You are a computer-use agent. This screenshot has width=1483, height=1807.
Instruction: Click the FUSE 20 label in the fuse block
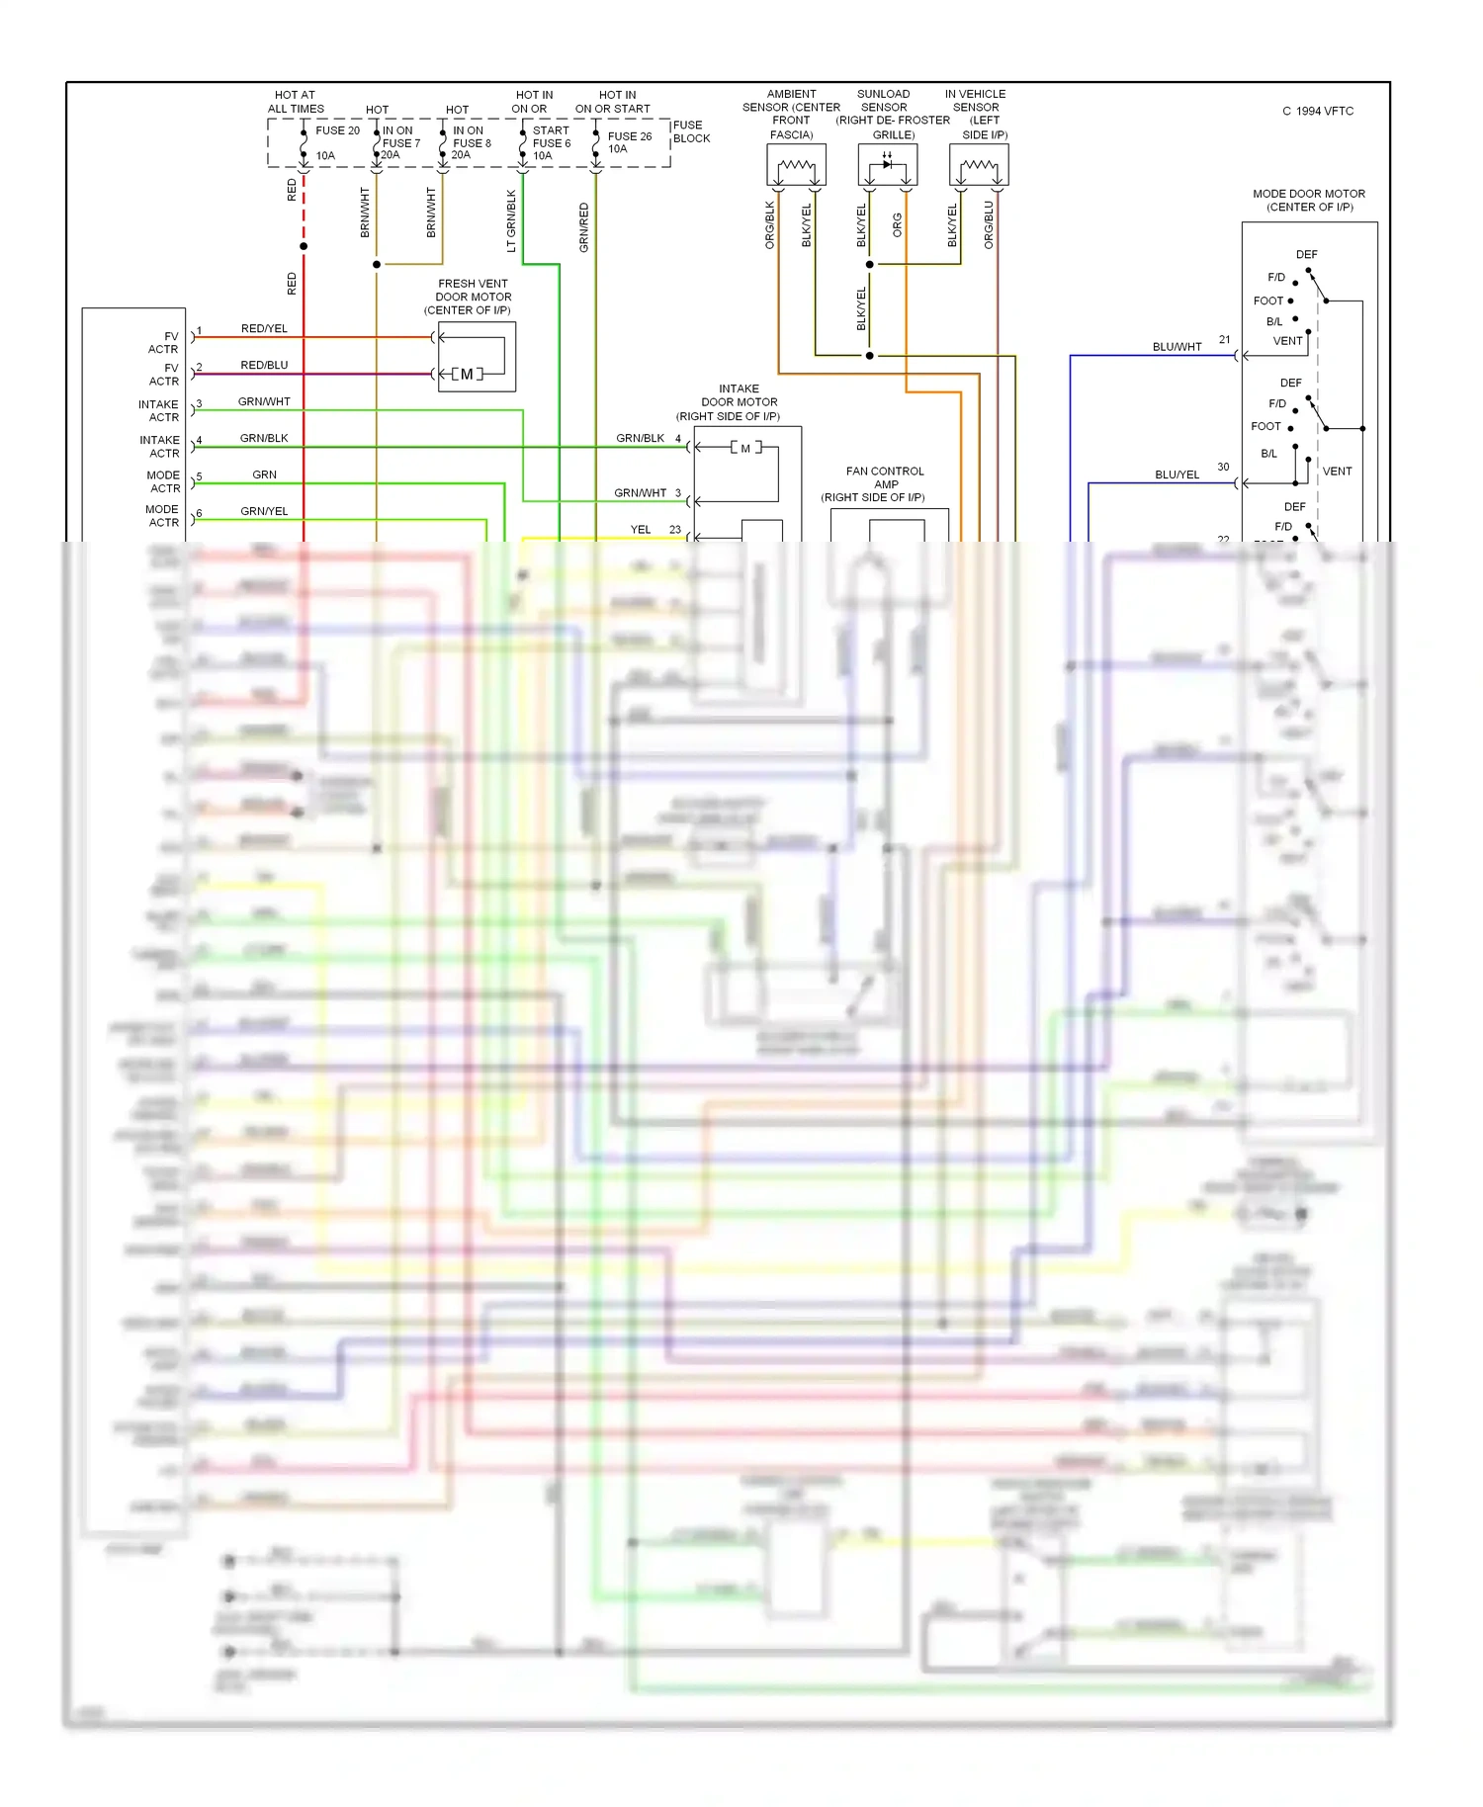click(337, 130)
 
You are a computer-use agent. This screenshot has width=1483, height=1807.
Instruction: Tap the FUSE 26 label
click(629, 136)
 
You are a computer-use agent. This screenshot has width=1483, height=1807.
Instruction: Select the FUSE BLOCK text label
click(691, 131)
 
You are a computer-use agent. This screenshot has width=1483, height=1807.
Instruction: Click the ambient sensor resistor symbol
click(796, 166)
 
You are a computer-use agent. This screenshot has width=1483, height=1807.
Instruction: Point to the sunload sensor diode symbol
click(887, 164)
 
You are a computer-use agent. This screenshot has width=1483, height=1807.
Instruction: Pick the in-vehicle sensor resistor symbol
click(979, 166)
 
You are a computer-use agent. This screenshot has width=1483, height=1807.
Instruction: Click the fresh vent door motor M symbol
click(467, 374)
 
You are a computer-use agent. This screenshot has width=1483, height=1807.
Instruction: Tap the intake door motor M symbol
click(745, 448)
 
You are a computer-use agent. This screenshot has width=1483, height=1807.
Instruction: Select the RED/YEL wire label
click(264, 328)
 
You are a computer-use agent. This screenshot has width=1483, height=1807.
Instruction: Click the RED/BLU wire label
click(264, 365)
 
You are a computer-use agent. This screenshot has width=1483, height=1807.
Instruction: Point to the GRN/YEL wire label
click(264, 511)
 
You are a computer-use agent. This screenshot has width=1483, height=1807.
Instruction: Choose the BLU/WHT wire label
click(1177, 347)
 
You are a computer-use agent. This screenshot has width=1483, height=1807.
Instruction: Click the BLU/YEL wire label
click(1177, 474)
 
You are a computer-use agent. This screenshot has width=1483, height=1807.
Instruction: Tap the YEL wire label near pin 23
click(641, 530)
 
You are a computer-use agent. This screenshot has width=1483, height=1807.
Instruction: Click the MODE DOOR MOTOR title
click(1309, 194)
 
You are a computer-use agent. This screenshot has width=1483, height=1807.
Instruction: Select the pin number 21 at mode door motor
click(1224, 340)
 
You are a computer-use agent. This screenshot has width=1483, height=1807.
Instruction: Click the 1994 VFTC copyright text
click(1319, 111)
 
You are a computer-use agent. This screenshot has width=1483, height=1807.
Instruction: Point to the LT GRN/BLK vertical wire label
click(511, 220)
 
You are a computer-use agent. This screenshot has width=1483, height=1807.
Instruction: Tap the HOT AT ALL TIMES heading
click(296, 102)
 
